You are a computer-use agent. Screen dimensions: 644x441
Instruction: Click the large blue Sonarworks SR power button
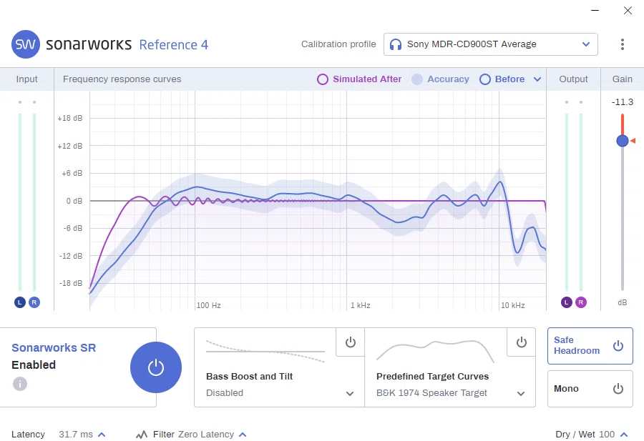[156, 367]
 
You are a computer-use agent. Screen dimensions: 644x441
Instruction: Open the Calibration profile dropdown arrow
[586, 44]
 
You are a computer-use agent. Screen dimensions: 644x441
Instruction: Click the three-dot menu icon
[623, 44]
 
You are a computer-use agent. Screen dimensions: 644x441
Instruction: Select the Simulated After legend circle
[323, 79]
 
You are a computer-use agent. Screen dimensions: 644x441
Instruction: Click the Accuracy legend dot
[417, 79]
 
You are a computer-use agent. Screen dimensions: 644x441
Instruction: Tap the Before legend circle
[485, 79]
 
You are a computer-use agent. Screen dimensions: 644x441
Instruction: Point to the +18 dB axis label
[70, 118]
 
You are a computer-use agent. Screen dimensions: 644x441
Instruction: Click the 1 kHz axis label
[360, 305]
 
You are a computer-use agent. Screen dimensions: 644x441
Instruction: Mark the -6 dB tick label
[73, 228]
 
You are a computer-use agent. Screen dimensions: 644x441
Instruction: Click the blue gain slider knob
[623, 141]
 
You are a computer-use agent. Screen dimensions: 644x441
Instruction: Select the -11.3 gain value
[623, 101]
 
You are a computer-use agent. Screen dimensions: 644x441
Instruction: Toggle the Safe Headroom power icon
[618, 346]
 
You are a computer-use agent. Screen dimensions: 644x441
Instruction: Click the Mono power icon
[618, 389]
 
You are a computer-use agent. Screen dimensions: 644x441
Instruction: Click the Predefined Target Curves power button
[521, 342]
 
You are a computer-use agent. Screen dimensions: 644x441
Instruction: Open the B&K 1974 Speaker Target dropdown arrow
[521, 393]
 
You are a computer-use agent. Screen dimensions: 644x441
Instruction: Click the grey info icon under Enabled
[20, 384]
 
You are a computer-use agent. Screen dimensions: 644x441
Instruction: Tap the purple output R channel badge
[581, 302]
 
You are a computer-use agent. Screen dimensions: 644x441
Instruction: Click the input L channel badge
[20, 302]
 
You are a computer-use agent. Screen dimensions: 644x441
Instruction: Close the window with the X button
[628, 10]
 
